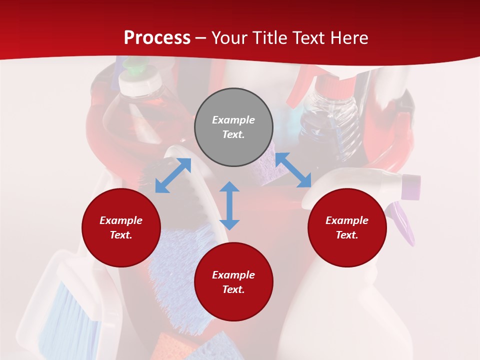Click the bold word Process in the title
[x=157, y=38]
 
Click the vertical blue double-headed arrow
[x=229, y=205]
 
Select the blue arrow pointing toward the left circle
[x=173, y=175]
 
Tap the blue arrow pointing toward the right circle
[x=293, y=170]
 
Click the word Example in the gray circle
[x=233, y=120]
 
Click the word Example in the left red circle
[x=121, y=220]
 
